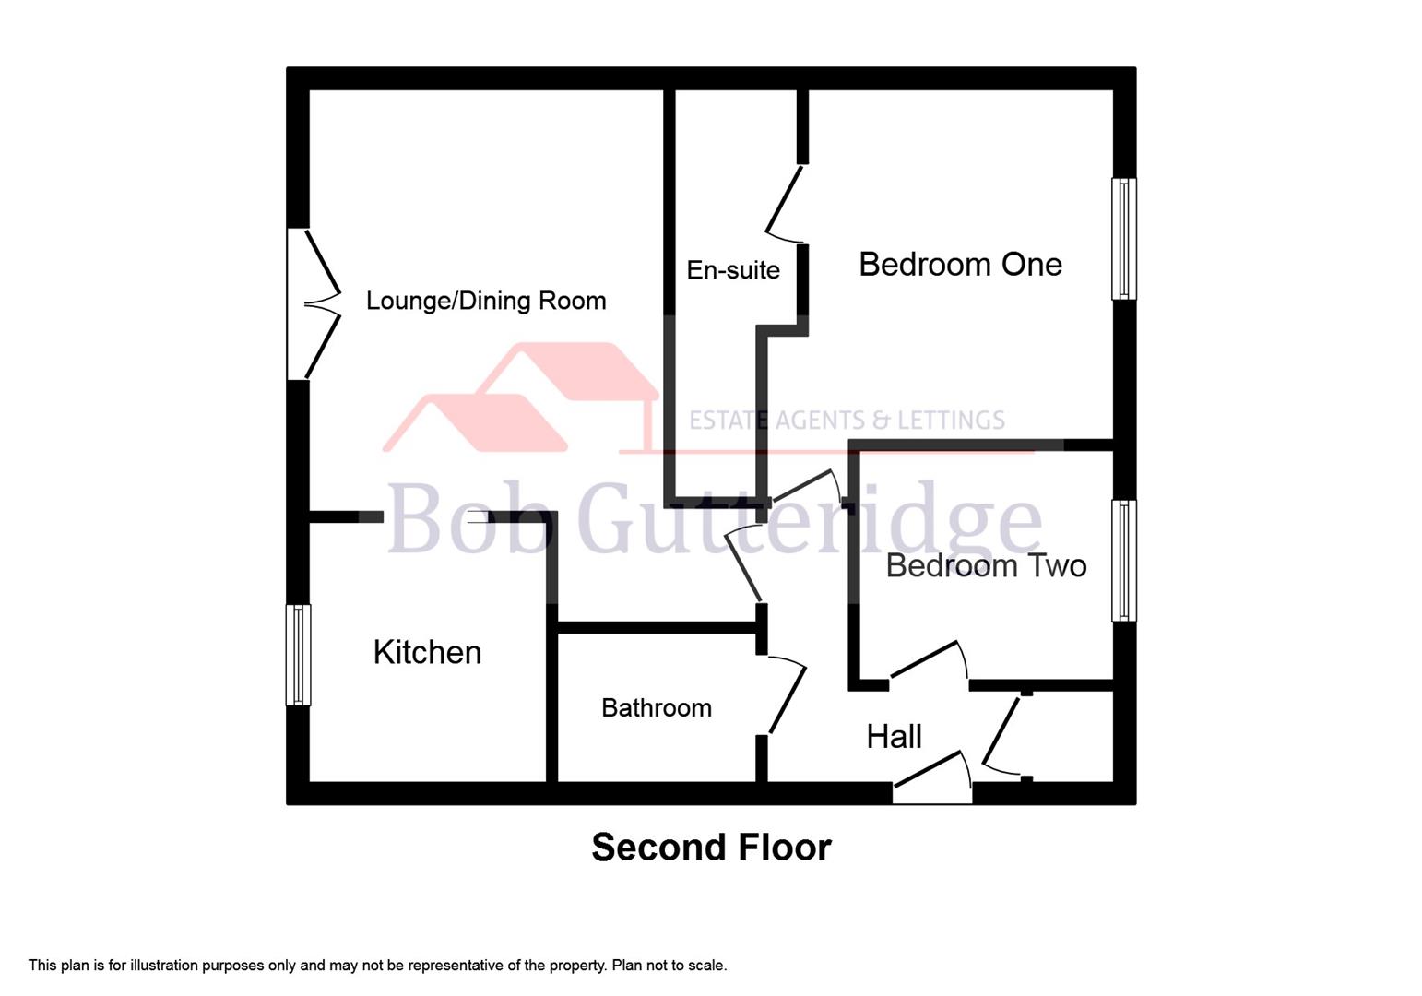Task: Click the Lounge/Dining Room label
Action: [486, 301]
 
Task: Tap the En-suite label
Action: [733, 270]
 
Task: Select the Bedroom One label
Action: [960, 265]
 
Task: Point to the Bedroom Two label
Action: [986, 565]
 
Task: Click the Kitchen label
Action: [427, 652]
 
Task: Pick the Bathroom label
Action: [656, 708]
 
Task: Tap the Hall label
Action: [894, 736]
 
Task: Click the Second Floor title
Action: [711, 848]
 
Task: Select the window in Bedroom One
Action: [1123, 239]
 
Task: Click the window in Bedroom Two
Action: [1123, 560]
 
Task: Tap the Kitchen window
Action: [298, 655]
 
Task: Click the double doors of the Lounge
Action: [318, 303]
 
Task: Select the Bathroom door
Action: [785, 696]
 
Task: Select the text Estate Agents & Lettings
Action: [847, 421]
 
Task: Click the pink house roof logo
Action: [521, 397]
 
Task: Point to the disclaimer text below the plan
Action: [377, 966]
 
